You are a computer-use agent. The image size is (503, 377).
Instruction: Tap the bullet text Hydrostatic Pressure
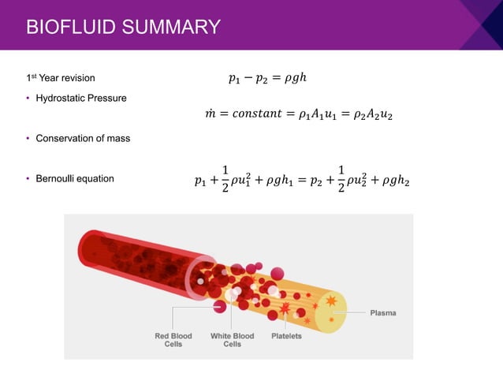[x=80, y=98]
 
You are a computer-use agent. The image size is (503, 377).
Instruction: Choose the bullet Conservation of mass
[x=83, y=138]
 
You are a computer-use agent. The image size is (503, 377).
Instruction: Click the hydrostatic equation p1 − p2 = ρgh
[x=266, y=78]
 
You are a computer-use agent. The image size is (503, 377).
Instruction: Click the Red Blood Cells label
[x=173, y=340]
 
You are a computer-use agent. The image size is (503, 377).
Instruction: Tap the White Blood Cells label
[x=232, y=340]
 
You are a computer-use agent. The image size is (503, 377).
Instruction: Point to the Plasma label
[x=383, y=313]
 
